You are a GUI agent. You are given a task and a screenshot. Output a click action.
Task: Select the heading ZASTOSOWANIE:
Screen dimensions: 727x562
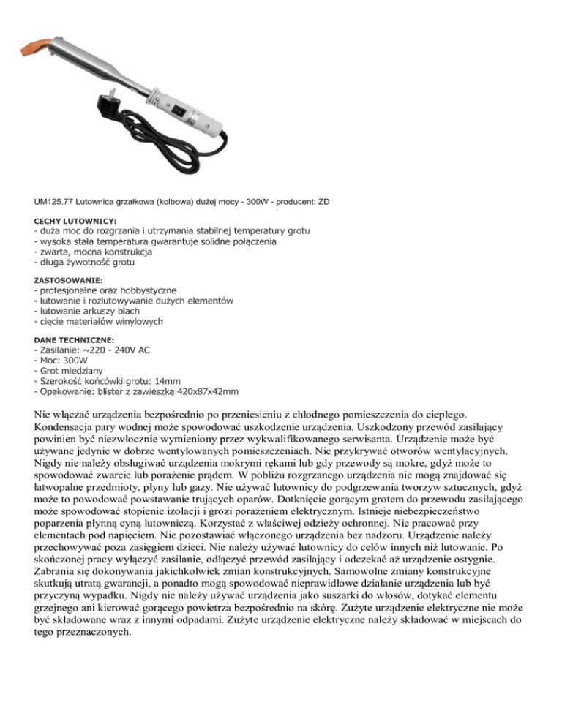coord(69,279)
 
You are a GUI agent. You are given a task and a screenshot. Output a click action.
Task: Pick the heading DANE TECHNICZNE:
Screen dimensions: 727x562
coord(75,340)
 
